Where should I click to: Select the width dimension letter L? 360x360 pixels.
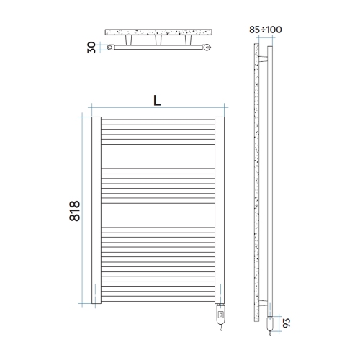click(x=156, y=101)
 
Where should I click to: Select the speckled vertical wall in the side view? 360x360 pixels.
click(x=257, y=180)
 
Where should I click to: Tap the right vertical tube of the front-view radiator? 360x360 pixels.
click(x=220, y=209)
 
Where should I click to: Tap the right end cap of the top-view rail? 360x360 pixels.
click(x=207, y=48)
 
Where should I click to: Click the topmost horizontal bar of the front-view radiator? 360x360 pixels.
click(x=158, y=120)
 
